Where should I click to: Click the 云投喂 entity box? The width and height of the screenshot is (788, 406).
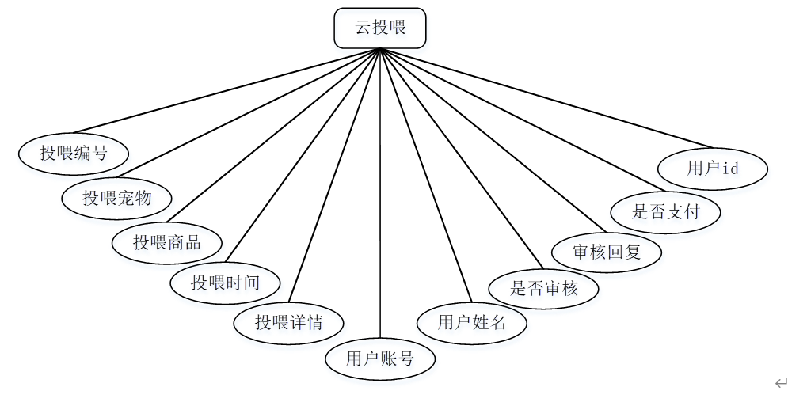coord(380,28)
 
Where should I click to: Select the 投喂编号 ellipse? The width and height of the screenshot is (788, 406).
coord(74,152)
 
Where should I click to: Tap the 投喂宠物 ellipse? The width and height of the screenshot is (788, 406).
coord(117,197)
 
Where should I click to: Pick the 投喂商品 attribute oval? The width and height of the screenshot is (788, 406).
coord(167,242)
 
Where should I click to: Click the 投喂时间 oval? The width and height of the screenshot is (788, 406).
coord(226,281)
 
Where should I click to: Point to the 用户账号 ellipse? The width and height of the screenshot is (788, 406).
coord(380,359)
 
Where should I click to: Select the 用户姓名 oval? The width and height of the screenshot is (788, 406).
coord(472,321)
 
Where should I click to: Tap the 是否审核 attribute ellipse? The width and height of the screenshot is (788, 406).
coord(544,287)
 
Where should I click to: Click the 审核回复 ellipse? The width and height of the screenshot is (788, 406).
coord(607,252)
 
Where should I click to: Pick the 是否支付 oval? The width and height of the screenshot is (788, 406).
coord(666,211)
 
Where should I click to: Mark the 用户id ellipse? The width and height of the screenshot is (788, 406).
coord(713,168)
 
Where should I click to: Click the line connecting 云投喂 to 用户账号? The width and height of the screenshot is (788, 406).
coord(380,198)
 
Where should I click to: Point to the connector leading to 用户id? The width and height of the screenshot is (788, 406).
coord(539,98)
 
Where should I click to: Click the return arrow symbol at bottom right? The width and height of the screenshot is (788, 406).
coord(781,384)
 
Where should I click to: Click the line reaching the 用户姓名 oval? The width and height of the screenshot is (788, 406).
coord(426,175)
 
